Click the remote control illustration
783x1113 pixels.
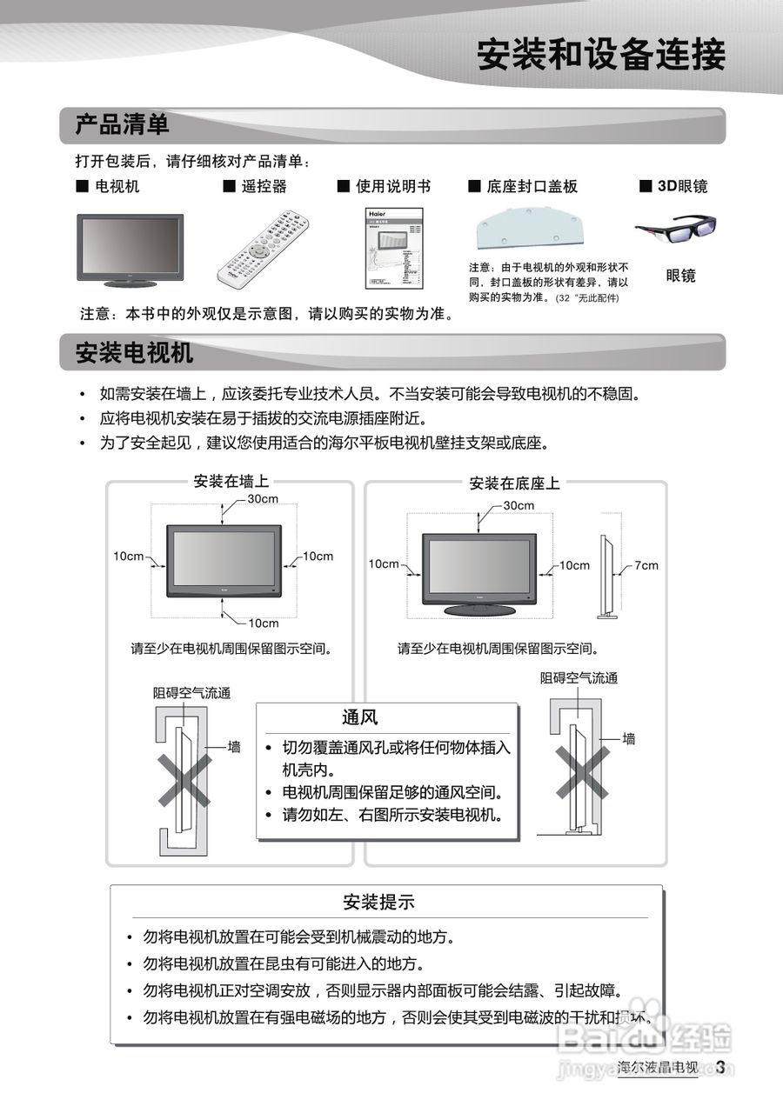264,249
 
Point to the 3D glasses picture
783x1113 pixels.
676,230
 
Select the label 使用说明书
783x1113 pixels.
392,186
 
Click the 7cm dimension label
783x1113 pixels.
646,565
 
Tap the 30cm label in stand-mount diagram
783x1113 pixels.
519,505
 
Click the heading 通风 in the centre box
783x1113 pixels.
359,717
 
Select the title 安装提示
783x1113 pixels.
378,902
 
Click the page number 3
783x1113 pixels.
720,1068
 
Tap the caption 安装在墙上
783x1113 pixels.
230,482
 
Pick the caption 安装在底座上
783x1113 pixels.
515,483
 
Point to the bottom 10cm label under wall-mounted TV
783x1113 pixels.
264,623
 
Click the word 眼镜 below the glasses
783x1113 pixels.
680,276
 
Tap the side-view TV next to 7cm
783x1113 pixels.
606,575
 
